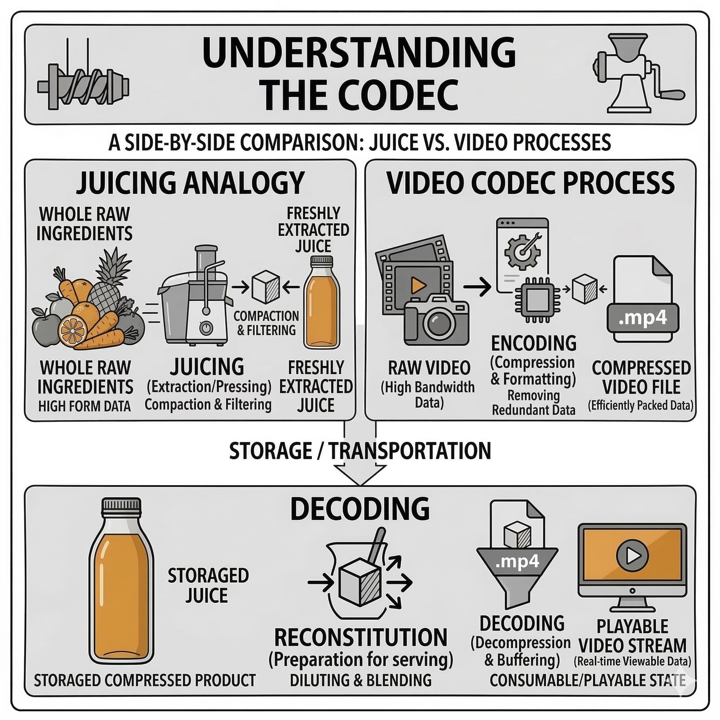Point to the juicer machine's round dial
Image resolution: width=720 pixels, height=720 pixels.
tap(205, 328)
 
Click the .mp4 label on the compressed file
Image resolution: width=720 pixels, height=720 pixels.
tap(643, 319)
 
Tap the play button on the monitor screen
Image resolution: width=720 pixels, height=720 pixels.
tap(632, 556)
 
